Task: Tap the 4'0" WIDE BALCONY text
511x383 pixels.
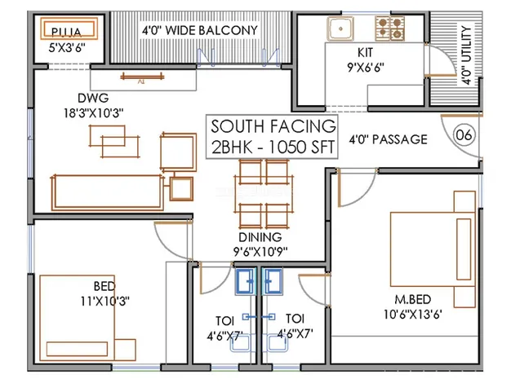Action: point(199,31)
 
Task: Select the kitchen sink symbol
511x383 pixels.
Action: point(340,30)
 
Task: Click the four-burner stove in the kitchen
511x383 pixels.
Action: point(391,29)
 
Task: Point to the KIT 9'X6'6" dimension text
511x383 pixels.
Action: point(367,58)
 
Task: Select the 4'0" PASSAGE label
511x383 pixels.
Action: point(388,139)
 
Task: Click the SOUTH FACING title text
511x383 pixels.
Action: point(273,126)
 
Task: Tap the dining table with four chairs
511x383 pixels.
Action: point(264,195)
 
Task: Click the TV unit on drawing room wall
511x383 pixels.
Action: point(144,77)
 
